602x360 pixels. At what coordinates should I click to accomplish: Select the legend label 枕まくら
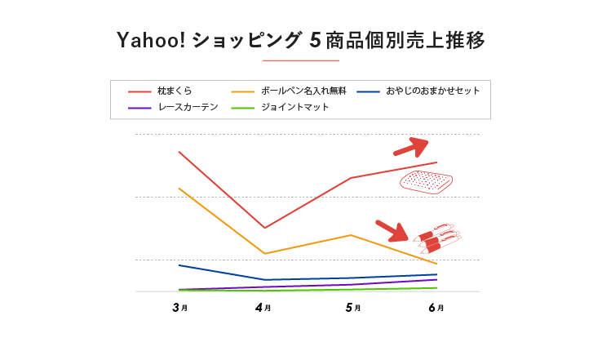click(x=175, y=91)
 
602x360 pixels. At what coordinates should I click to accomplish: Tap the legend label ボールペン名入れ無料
click(x=303, y=91)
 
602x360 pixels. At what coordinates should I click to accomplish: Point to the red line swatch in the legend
click(x=139, y=91)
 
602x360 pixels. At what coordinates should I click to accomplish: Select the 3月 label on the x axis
click(x=180, y=308)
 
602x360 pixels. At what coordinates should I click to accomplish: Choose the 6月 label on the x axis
click(x=436, y=308)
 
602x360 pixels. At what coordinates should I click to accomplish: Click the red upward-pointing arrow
click(x=412, y=146)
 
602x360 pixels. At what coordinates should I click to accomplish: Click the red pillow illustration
click(x=426, y=181)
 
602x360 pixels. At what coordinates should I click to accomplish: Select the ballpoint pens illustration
click(x=437, y=238)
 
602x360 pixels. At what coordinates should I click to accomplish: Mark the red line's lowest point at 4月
click(x=264, y=228)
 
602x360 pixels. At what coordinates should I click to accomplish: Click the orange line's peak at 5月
click(x=351, y=235)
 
